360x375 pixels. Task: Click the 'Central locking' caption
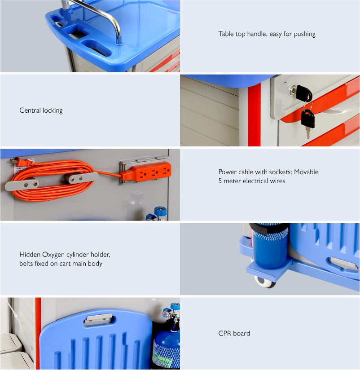pos(41,110)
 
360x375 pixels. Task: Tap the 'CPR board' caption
pos(234,333)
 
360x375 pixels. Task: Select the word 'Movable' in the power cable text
pos(306,172)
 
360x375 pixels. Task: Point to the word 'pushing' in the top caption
pos(304,34)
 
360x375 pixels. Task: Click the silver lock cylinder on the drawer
pos(292,90)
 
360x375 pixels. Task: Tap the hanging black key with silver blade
pos(307,122)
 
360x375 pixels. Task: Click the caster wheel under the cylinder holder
pos(265,282)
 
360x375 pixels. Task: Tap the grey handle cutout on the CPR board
pos(98,319)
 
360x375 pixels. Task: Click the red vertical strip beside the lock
pos(254,115)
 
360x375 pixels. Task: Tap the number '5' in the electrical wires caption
pos(220,181)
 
